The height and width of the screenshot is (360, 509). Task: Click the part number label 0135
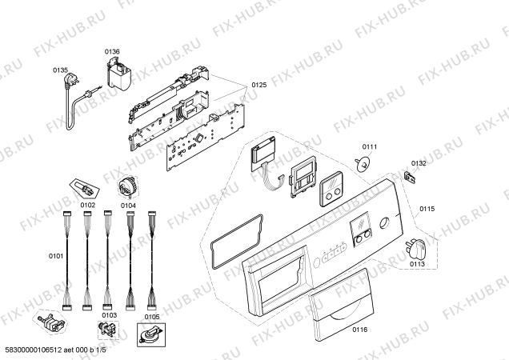tap(60, 70)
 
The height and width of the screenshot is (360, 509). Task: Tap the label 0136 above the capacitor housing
tap(112, 52)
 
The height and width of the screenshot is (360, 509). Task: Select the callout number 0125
tap(259, 85)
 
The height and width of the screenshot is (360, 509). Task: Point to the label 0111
tap(370, 146)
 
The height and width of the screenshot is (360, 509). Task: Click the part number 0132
tap(419, 163)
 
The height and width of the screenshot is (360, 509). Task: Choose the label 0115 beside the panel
tap(427, 209)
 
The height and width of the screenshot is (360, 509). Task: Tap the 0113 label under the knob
tap(417, 264)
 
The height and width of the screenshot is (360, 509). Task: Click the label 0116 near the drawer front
tap(360, 330)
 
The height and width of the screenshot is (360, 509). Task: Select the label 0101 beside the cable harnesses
tap(56, 257)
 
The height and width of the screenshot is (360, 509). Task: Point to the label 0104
tap(128, 206)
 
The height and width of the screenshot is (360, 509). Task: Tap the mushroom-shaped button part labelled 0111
tap(363, 164)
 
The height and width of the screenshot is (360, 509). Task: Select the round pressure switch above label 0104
tap(127, 187)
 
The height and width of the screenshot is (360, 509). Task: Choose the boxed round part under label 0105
tap(151, 334)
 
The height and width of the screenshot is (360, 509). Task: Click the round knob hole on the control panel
tap(385, 224)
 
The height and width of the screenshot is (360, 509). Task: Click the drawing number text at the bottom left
tap(54, 350)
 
